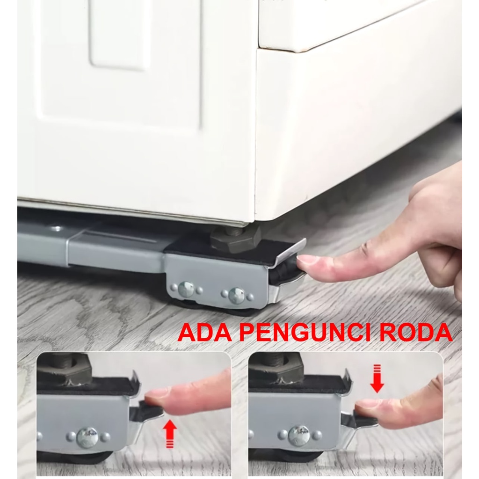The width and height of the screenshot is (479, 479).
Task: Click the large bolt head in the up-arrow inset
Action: (87, 437)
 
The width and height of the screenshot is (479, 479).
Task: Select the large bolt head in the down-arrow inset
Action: (299, 436)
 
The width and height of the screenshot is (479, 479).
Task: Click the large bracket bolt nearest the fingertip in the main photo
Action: (237, 295)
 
